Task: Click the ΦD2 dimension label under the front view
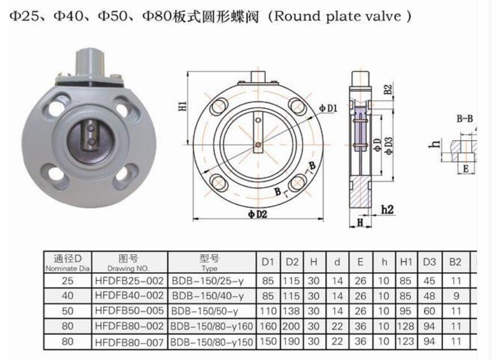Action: [257, 214]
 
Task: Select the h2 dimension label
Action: [387, 210]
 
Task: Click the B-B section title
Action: [464, 119]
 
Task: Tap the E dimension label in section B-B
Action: [466, 168]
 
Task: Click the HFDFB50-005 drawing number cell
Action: [130, 311]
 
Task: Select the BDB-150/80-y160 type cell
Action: [212, 327]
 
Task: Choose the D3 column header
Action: [429, 262]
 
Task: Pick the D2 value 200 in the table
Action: [292, 327]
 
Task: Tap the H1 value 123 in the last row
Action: [406, 342]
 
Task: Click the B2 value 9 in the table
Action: [455, 295]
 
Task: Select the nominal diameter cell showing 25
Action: [67, 280]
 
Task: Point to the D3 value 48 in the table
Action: [429, 295]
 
